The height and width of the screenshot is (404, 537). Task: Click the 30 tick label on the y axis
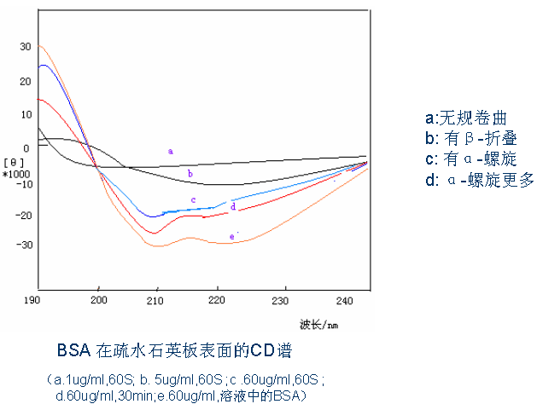pos(25,47)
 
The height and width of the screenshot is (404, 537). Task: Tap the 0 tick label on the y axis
pos(26,147)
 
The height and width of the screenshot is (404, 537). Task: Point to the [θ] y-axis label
pos(15,161)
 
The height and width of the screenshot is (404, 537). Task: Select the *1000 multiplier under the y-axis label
pos(16,173)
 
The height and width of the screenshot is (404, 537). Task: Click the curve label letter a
pos(171,151)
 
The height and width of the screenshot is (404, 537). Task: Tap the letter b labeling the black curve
pos(190,174)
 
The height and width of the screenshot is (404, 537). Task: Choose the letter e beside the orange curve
pos(231,236)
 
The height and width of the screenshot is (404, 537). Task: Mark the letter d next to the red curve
pos(233,206)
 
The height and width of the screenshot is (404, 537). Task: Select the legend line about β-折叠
pos(470,138)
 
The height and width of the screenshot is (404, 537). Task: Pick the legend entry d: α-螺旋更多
pos(478,179)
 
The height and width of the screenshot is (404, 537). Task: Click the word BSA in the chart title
pos(73,350)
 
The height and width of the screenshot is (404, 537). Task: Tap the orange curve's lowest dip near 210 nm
pos(157,245)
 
